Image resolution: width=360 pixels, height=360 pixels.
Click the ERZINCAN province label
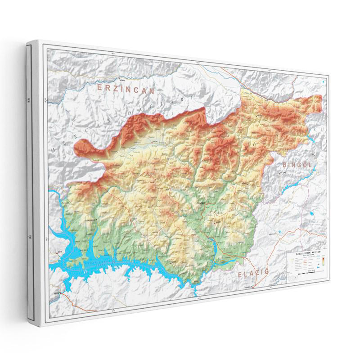pos(126,88)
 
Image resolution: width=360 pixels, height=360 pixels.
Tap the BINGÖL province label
pos(297,165)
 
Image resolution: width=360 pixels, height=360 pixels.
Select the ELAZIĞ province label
pos(252,272)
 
